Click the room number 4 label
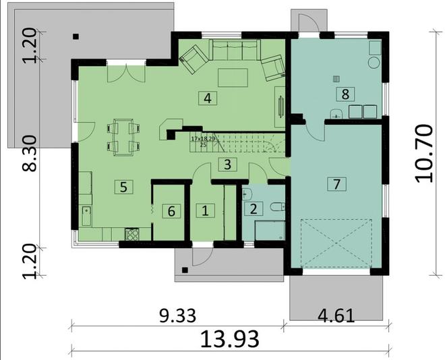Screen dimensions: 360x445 coord(208,98)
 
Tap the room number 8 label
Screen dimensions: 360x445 coord(345,94)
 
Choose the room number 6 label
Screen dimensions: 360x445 coord(171,211)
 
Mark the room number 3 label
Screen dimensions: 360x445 coord(228,164)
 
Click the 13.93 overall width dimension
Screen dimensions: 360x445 coord(230,338)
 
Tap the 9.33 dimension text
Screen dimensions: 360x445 coord(177,315)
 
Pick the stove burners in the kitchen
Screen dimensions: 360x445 coord(132,235)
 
